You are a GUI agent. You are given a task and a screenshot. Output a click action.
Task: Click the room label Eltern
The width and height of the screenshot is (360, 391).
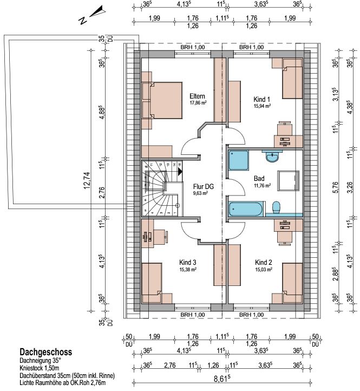click(197, 96)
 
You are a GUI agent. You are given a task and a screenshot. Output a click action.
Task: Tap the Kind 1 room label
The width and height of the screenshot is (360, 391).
click(261, 99)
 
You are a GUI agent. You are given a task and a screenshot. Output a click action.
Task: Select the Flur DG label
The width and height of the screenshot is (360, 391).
click(204, 186)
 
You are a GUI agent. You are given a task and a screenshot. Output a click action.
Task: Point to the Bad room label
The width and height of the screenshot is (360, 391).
click(259, 179)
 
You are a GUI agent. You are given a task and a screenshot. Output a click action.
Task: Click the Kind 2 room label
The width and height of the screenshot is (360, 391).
click(263, 262)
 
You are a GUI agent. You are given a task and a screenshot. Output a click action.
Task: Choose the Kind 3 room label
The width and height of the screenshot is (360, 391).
click(187, 262)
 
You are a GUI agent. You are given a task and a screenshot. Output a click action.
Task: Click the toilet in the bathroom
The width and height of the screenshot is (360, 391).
click(276, 207)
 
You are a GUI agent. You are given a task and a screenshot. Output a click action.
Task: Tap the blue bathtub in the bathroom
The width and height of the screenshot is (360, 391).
click(245, 209)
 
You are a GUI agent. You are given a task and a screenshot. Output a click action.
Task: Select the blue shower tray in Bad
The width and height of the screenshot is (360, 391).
click(238, 160)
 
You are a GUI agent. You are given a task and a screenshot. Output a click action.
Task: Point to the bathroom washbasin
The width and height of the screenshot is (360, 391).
click(272, 157)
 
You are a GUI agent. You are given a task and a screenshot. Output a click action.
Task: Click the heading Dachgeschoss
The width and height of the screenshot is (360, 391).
click(46, 352)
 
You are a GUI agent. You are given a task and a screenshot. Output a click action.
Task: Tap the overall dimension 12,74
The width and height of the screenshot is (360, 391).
click(87, 180)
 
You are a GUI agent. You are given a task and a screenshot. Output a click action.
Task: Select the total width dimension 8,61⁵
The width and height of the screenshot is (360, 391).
click(222, 379)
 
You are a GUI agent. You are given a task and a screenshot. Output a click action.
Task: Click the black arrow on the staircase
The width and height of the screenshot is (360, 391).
click(180, 172)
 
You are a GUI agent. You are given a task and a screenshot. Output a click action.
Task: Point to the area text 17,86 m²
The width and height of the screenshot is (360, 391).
click(199, 102)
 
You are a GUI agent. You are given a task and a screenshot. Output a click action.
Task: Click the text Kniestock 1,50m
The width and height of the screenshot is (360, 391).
click(40, 368)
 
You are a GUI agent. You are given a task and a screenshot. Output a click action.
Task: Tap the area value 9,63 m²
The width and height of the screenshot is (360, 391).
click(200, 193)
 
